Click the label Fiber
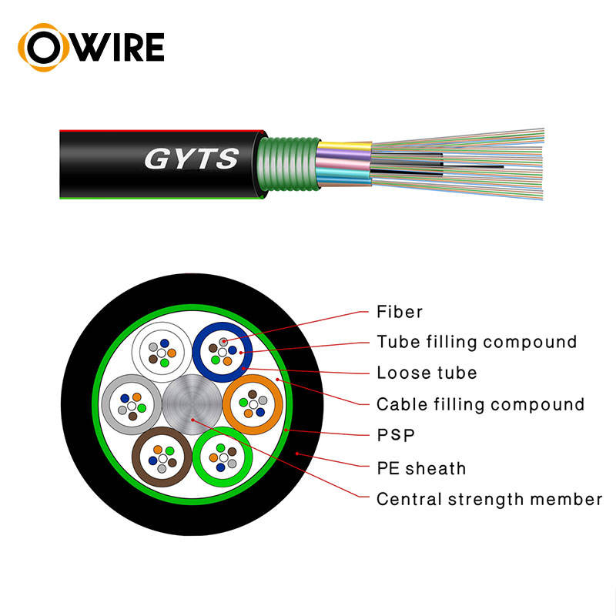pyautogui.click(x=400, y=312)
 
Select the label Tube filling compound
pyautogui.click(x=476, y=341)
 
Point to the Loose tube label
pyautogui.click(x=426, y=373)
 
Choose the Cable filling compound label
pyautogui.click(x=480, y=404)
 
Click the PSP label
pyautogui.click(x=395, y=436)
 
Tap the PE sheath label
pyautogui.click(x=420, y=467)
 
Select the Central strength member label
pyautogui.click(x=489, y=499)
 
